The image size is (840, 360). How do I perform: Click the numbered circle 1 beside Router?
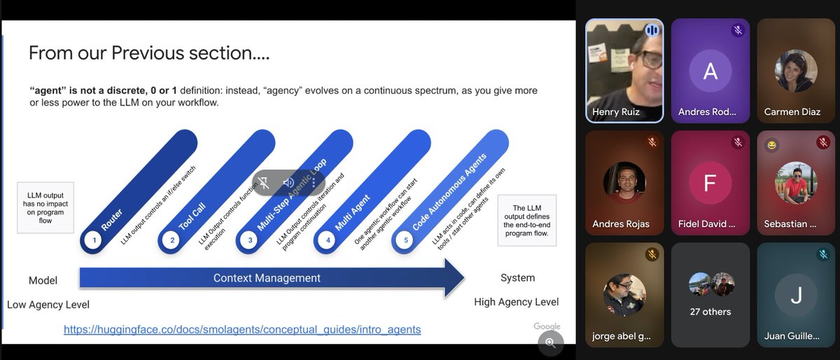click(93, 240)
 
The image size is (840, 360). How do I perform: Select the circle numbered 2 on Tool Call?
click(171, 240)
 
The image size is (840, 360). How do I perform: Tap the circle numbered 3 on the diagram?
click(250, 240)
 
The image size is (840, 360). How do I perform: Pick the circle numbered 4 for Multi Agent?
click(328, 240)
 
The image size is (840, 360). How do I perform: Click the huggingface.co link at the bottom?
click(242, 328)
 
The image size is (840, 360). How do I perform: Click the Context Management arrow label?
click(267, 278)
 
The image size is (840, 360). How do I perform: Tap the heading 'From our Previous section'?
click(149, 53)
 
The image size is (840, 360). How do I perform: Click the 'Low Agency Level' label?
click(48, 305)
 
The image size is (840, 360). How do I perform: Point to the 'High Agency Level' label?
click(516, 302)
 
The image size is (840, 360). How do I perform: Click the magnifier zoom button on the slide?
click(550, 342)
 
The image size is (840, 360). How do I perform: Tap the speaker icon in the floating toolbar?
click(288, 183)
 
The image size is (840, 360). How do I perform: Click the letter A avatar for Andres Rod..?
click(710, 71)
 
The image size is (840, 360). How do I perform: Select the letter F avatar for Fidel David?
click(710, 184)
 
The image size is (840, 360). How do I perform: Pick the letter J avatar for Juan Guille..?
click(796, 296)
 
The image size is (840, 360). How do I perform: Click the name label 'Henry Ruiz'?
click(615, 112)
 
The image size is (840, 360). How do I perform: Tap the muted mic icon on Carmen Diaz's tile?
click(822, 31)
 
